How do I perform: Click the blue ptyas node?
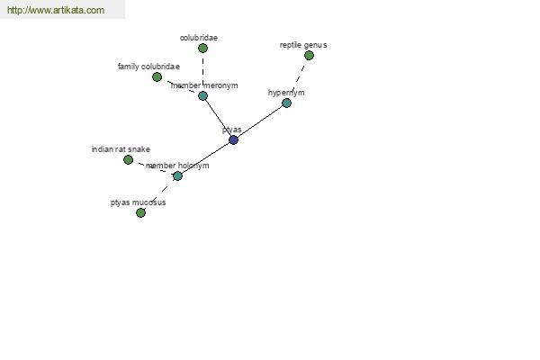[233, 139]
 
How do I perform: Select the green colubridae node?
[202, 49]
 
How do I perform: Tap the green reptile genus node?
[309, 55]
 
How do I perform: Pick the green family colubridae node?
[157, 76]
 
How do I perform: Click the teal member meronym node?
[202, 95]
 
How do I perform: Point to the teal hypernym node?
[286, 103]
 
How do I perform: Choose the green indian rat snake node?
[128, 159]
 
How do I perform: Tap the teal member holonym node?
[177, 175]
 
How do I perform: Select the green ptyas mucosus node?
[140, 212]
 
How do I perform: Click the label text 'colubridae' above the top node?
[199, 38]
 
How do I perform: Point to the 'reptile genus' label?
[303, 45]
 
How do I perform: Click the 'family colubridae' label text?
[148, 66]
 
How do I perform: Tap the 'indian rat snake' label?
[121, 149]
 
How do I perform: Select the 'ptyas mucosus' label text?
[138, 202]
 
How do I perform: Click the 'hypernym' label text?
[286, 93]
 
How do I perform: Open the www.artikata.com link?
[56, 10]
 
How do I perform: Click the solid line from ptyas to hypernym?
[260, 121]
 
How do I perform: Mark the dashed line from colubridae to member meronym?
[202, 72]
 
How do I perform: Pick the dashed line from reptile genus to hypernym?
[298, 78]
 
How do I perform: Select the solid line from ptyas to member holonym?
[205, 157]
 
